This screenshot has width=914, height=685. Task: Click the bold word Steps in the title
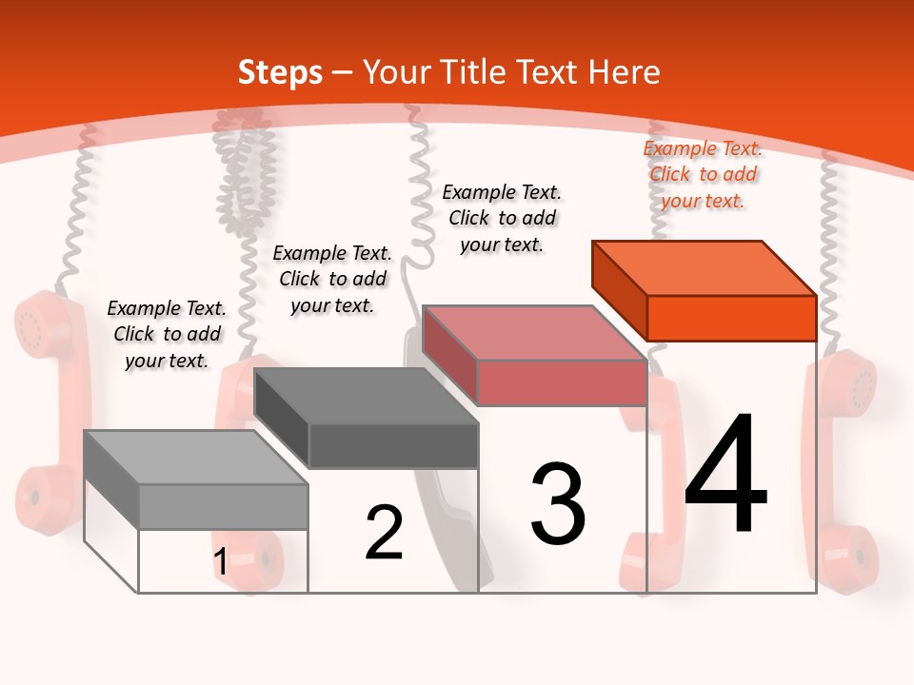click(x=280, y=72)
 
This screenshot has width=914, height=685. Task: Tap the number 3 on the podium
click(x=558, y=503)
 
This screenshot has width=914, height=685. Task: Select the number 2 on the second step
click(x=384, y=533)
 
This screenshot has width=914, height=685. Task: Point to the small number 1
click(x=220, y=562)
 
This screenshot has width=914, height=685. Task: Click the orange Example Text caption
click(x=704, y=174)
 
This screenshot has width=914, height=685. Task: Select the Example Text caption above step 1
click(x=167, y=334)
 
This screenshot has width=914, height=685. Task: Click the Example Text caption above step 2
click(x=332, y=279)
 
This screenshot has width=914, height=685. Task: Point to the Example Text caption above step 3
click(x=502, y=218)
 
